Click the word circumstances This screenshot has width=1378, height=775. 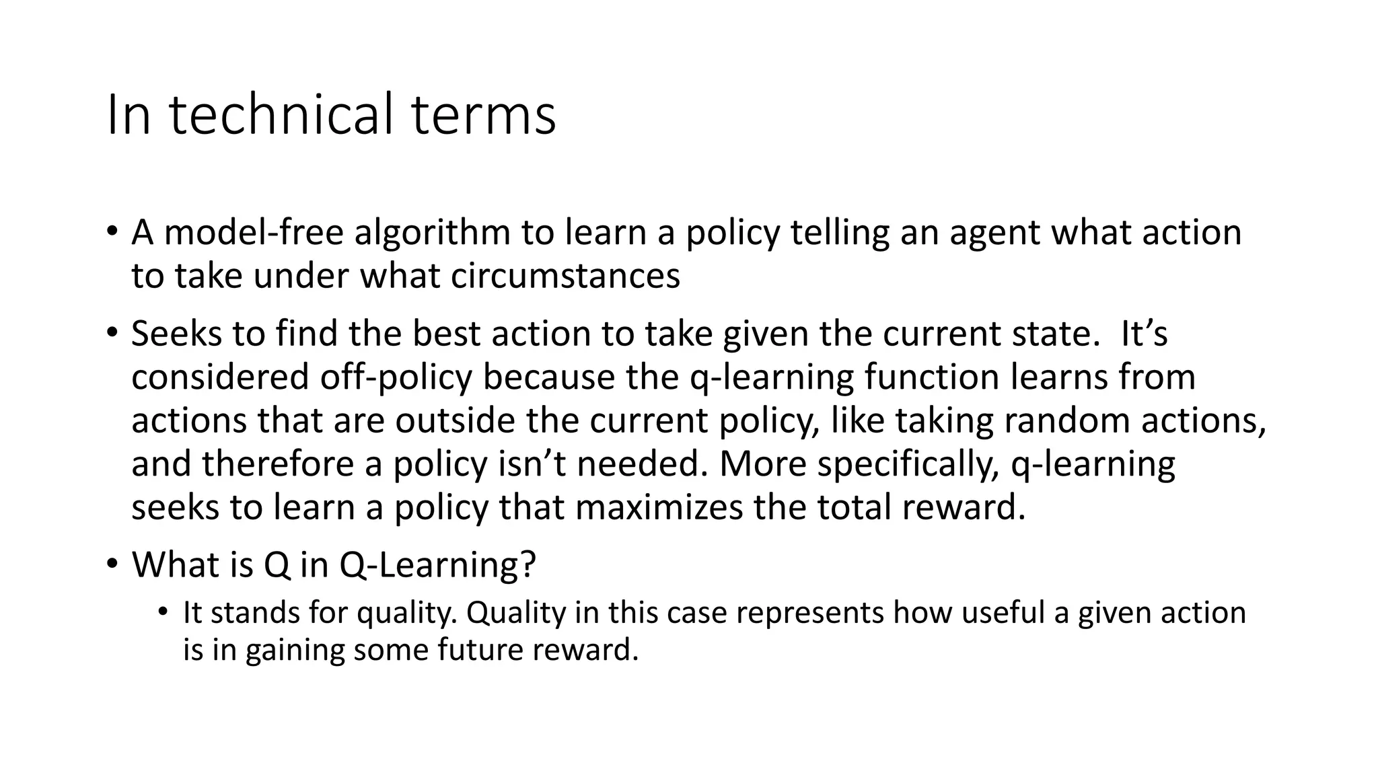[x=565, y=276]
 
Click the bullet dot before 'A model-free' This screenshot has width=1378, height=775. [x=112, y=230]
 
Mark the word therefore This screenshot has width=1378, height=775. [x=277, y=464]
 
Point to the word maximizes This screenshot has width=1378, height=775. [x=659, y=507]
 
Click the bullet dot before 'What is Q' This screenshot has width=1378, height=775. [x=112, y=562]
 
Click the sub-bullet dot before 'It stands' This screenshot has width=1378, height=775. [x=162, y=610]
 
